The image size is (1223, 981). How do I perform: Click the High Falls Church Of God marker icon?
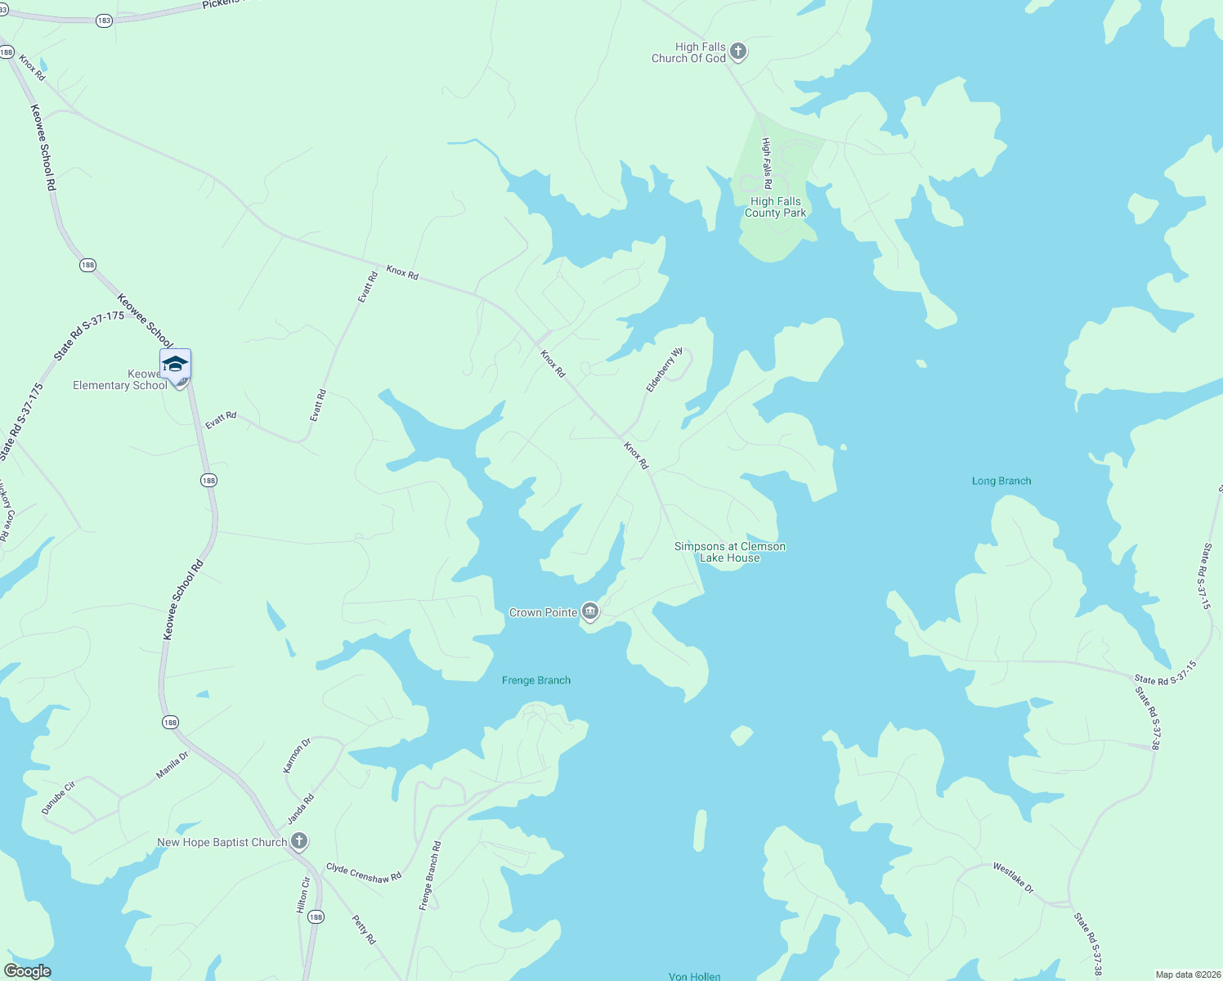[x=737, y=52]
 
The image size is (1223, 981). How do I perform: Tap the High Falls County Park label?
[x=775, y=207]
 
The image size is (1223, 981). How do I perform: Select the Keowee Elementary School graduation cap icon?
[x=175, y=363]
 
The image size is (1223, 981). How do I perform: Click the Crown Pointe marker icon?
[x=590, y=611]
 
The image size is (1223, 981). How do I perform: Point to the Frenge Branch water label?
[x=536, y=680]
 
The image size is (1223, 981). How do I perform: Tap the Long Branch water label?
[x=1001, y=481]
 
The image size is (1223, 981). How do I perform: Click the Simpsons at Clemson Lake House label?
[x=730, y=552]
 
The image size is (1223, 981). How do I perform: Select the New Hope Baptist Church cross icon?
[x=299, y=840]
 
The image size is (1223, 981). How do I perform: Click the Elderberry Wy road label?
[x=665, y=370]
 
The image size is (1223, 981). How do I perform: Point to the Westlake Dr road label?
[x=1014, y=878]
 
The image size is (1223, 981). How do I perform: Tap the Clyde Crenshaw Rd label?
[x=364, y=872]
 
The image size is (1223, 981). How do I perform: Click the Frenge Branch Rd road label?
[x=430, y=876]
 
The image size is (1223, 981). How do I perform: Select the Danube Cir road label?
[x=59, y=798]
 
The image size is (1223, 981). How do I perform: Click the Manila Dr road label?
[x=172, y=765]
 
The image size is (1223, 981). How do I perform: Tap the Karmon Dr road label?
[x=297, y=755]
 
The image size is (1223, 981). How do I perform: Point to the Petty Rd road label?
[x=364, y=929]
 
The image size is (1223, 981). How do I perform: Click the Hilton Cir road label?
[x=303, y=895]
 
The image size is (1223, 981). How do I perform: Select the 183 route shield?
[x=104, y=20]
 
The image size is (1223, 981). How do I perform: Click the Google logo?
[x=27, y=970]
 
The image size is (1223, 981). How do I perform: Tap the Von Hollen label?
[x=694, y=976]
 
